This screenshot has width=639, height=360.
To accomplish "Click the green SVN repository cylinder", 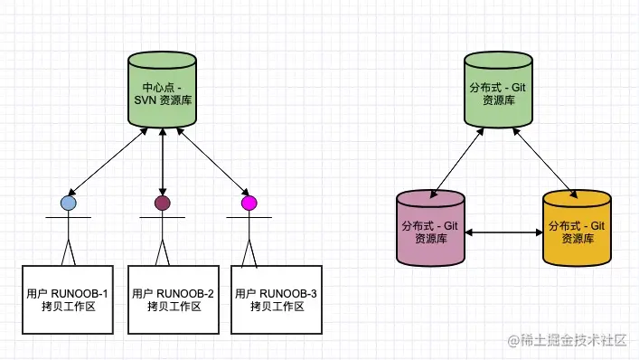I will (x=162, y=90).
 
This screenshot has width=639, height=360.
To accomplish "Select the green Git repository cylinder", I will (x=496, y=90).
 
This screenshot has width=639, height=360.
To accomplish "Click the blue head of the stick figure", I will (x=68, y=204).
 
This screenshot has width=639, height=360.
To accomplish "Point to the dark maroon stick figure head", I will (x=163, y=203).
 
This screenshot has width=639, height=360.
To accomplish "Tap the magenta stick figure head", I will (x=249, y=203).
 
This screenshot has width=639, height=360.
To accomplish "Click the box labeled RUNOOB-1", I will (x=69, y=299).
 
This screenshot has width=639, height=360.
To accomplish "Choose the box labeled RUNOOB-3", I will (x=277, y=299).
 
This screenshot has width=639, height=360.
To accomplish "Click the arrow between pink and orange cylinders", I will (x=503, y=233).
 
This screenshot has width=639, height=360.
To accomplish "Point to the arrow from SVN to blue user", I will (x=107, y=163).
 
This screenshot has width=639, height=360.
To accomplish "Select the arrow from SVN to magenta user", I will (x=213, y=163).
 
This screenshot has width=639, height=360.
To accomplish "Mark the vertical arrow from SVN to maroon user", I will (x=163, y=163).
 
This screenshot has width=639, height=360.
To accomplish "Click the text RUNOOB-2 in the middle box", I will (x=185, y=293).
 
